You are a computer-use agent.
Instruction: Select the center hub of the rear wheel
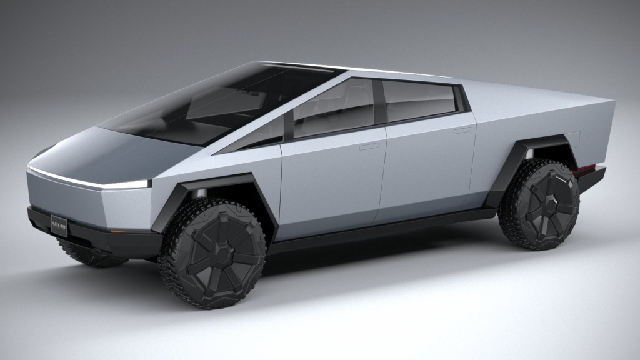tap(540, 204)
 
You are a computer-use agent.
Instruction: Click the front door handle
tap(369, 146)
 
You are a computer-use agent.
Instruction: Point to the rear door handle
tap(462, 131)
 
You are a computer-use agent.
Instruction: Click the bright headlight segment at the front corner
tap(134, 184)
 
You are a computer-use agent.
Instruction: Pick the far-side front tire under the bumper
tap(87, 255)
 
